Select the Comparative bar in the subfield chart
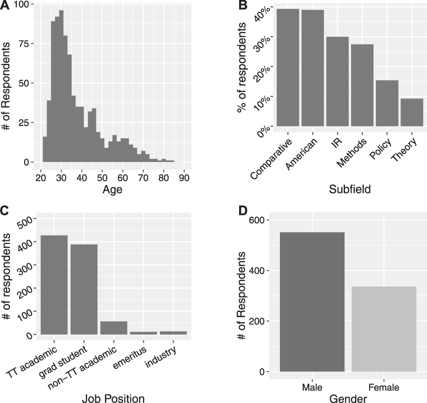pyautogui.click(x=288, y=67)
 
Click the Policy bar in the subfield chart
pyautogui.click(x=387, y=103)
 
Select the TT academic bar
pyautogui.click(x=54, y=285)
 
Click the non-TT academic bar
pyautogui.click(x=114, y=328)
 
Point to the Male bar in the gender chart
pyautogui.click(x=312, y=302)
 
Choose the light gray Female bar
pyautogui.click(x=384, y=329)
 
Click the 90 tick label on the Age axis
pyautogui.click(x=184, y=178)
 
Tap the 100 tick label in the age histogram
pyautogui.click(x=23, y=4)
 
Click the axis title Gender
pyautogui.click(x=348, y=397)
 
